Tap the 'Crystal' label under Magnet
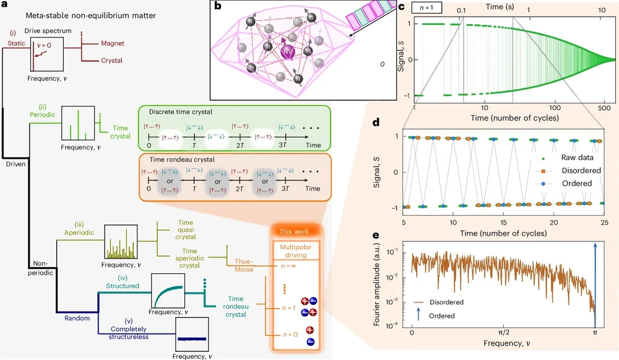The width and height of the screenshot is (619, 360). click(x=112, y=61)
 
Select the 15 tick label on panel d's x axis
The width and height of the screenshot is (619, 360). click(x=504, y=222)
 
